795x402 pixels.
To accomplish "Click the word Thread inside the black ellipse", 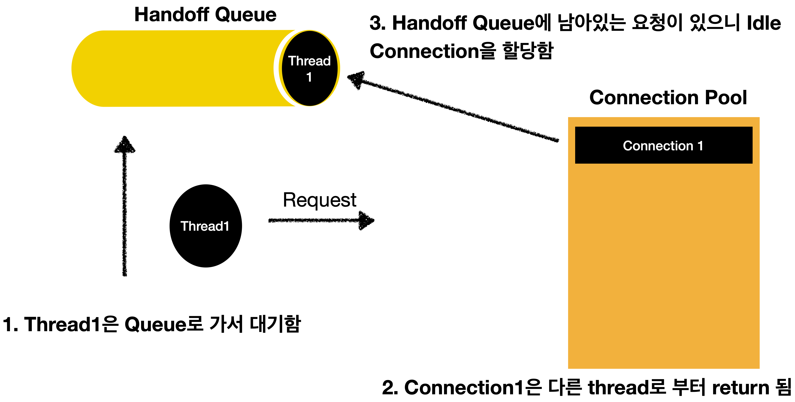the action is (x=309, y=61).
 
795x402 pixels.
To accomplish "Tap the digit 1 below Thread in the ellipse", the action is (x=309, y=77).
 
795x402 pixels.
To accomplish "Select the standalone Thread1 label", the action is (x=205, y=226).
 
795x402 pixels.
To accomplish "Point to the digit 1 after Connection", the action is (x=700, y=146).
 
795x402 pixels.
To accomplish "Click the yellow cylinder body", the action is (x=185, y=69).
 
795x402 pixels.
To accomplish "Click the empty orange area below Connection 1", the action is (x=663, y=265).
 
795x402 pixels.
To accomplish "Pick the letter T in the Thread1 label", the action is (x=184, y=226).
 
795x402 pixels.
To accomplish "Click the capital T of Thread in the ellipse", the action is (x=292, y=61).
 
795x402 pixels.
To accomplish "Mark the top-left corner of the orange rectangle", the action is (x=569, y=118).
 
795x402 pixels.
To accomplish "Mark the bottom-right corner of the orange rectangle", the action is (x=759, y=368).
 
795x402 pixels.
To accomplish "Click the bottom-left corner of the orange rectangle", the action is (x=569, y=368).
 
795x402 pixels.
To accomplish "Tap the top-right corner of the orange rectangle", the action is (x=759, y=118).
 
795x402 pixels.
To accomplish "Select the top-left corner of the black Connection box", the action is (x=576, y=127).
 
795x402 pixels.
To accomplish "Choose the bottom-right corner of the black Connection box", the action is (x=752, y=163).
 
